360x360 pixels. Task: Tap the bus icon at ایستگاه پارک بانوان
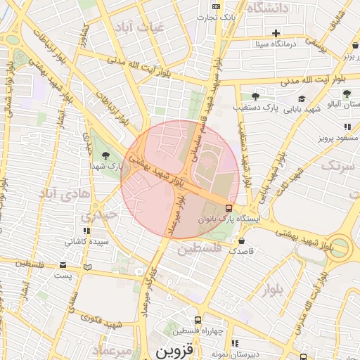point(229,208)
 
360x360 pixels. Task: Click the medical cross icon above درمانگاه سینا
point(276,33)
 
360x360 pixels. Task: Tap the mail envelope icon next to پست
point(63,265)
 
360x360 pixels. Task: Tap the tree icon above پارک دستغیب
point(255,96)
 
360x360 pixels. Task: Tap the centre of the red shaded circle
point(180,180)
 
